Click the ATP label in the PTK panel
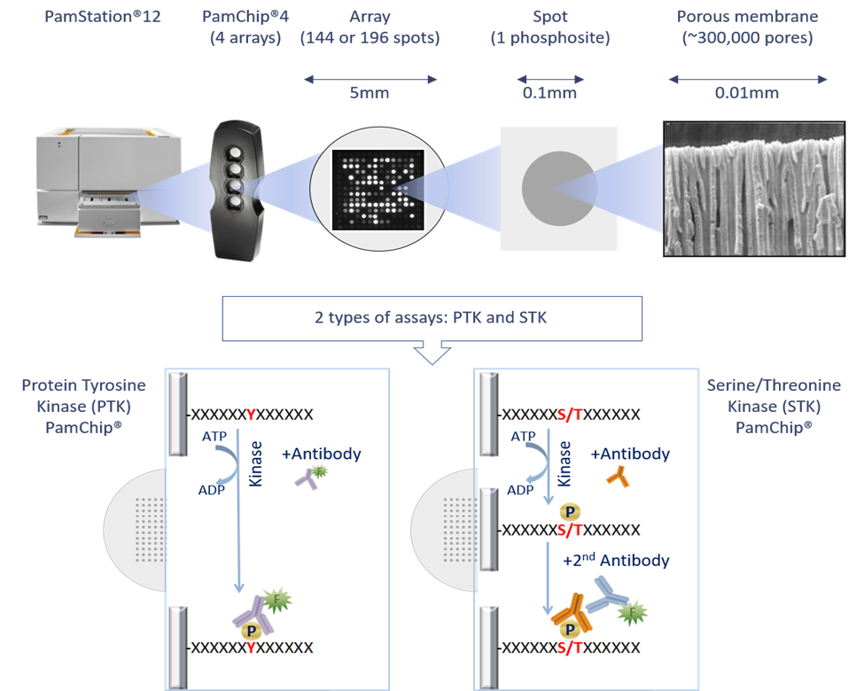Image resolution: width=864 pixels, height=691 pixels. point(214,437)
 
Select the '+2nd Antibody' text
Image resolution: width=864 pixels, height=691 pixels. point(616,561)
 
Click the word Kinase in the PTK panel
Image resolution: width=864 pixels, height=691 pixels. point(255,470)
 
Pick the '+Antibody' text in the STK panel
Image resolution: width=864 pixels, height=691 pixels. point(630,454)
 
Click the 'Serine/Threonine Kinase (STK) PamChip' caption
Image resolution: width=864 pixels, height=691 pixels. point(774,406)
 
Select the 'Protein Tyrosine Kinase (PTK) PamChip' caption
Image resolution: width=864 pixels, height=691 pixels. point(83,406)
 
